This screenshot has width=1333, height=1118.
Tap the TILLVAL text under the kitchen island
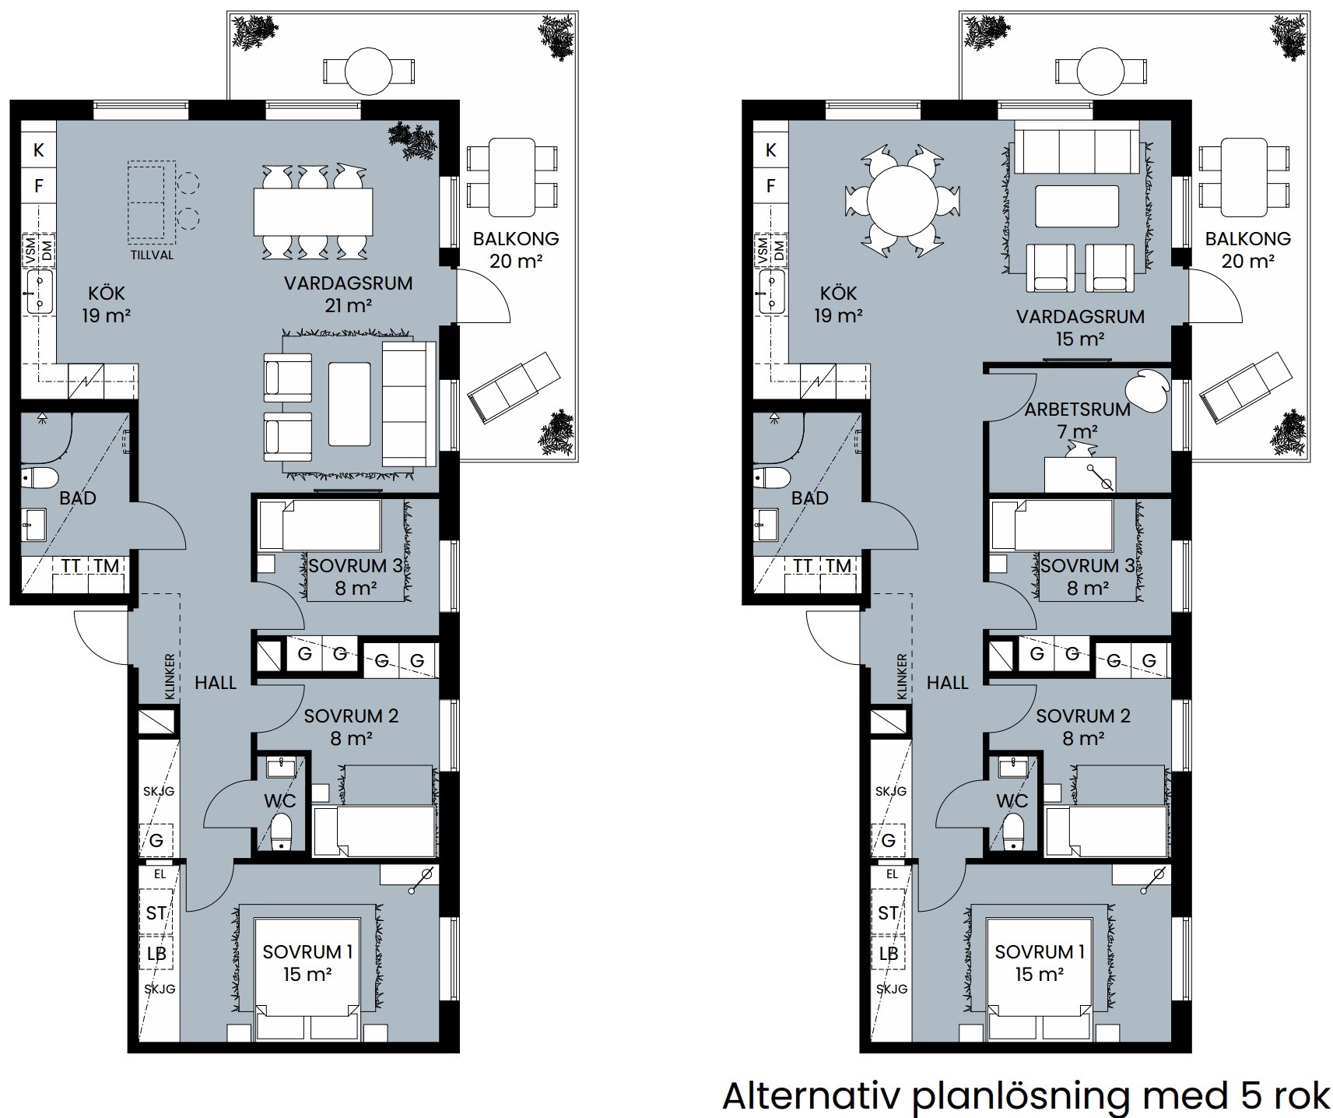click(153, 255)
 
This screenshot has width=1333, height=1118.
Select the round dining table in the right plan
click(902, 201)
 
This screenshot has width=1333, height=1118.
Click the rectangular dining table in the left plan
click(313, 213)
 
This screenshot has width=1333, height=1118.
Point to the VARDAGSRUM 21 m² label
click(348, 294)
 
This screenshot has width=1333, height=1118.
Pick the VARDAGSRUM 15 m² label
click(1080, 327)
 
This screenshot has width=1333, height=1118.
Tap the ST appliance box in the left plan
click(156, 912)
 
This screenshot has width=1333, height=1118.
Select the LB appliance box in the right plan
click(889, 954)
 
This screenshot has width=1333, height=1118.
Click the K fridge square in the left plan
click(38, 149)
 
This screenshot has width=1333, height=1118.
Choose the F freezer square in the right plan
click(770, 185)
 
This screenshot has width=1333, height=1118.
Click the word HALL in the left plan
click(216, 683)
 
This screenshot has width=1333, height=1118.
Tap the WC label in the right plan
click(1012, 800)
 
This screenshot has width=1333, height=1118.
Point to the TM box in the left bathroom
click(107, 566)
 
